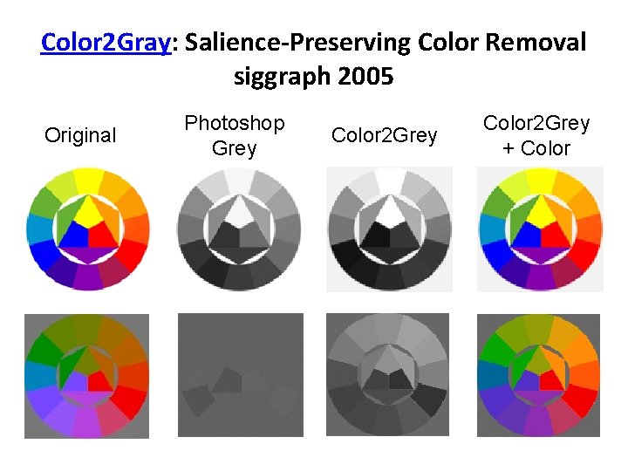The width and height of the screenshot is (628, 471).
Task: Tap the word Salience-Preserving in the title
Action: [295, 42]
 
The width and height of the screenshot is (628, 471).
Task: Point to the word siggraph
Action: [278, 77]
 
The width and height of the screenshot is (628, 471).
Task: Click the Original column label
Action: [80, 135]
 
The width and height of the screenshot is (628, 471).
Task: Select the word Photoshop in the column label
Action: [234, 123]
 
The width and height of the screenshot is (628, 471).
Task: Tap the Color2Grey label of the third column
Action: [384, 135]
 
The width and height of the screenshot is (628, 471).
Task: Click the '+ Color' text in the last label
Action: [536, 147]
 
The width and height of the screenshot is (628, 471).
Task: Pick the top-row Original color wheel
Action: [87, 229]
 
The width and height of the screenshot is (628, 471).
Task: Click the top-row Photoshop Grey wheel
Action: [238, 229]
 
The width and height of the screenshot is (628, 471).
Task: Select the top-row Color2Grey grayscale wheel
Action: [389, 229]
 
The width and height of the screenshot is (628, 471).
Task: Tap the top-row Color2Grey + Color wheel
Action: [540, 229]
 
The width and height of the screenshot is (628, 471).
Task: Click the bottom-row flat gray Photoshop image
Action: [238, 374]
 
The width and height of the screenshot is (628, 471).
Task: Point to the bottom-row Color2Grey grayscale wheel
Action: [389, 374]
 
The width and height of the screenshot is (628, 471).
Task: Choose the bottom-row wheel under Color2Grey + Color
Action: [540, 374]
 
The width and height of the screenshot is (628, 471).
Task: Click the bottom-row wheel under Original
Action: [87, 374]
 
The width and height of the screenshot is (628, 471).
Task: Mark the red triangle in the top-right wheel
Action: [551, 234]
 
